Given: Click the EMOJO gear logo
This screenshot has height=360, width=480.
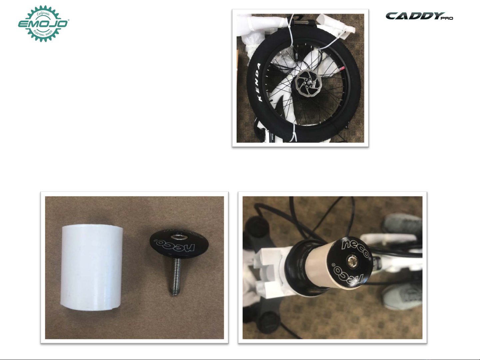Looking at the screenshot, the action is pyautogui.click(x=43, y=24).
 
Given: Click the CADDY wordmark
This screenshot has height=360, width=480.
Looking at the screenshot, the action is pyautogui.click(x=415, y=16).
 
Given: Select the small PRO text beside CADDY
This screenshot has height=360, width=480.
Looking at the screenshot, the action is pyautogui.click(x=447, y=18).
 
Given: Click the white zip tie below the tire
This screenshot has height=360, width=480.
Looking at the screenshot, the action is pyautogui.click(x=294, y=133).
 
